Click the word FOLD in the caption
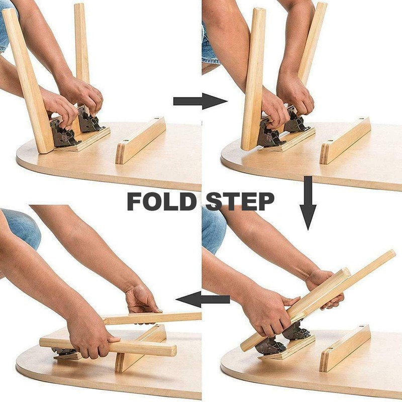(x=160, y=202)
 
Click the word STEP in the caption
(x=240, y=202)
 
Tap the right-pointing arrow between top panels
(x=199, y=101)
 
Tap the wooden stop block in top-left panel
(x=140, y=140)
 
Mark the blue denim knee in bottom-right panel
(x=213, y=229)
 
